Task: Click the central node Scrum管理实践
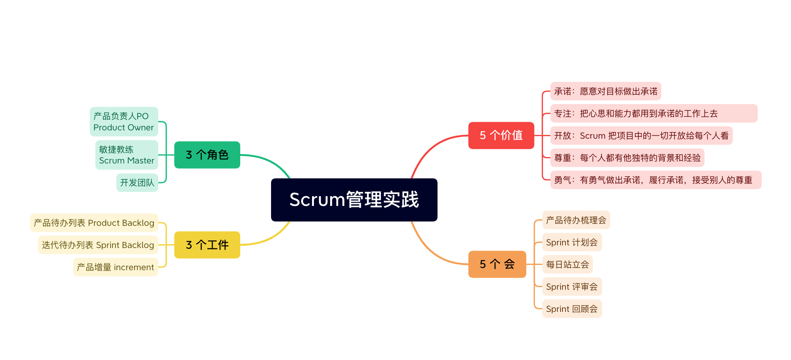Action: point(354,200)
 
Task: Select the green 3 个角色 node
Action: point(207,155)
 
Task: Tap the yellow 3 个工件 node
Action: point(207,245)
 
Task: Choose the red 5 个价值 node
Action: point(501,135)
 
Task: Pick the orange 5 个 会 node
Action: point(497,264)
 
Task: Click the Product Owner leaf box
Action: point(124,121)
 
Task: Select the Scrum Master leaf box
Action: point(126,155)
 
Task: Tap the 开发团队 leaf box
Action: point(137,183)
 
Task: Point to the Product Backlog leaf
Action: point(94,223)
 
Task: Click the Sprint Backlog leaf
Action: point(98,245)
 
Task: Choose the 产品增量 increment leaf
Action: point(115,267)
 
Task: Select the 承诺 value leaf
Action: point(605,91)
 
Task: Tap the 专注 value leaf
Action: point(653,113)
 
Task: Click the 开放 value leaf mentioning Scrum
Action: point(641,136)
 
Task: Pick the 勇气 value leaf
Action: point(655,180)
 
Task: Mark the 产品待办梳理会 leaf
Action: point(576,220)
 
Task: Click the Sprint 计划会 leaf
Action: point(571,242)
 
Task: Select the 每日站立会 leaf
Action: point(567,265)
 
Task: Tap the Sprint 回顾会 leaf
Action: point(571,309)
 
